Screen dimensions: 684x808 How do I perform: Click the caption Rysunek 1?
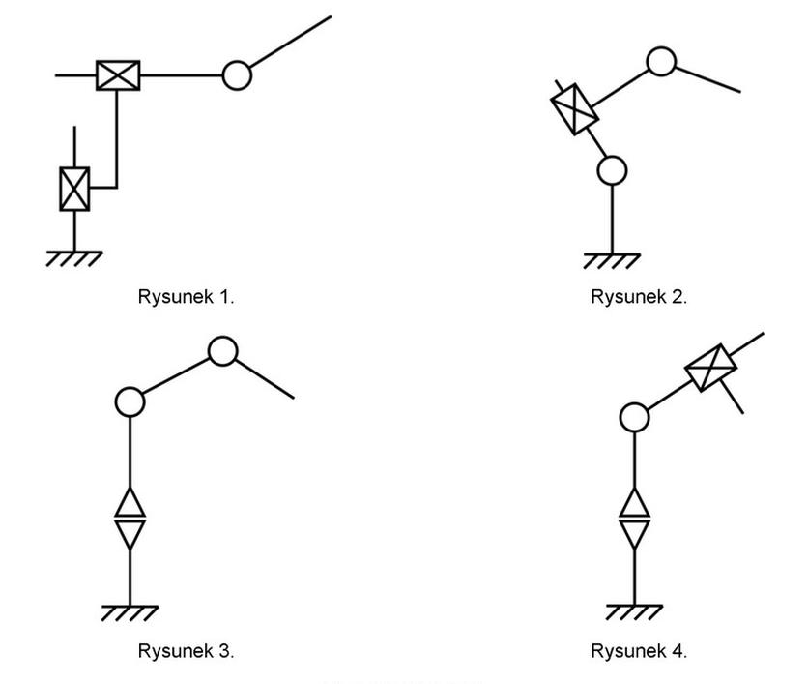point(187,297)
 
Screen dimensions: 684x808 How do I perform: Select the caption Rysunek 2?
point(639,297)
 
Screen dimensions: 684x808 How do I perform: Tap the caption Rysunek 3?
point(187,651)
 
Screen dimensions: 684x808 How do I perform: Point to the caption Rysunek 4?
point(639,651)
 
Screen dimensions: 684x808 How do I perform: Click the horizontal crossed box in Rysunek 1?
point(118,74)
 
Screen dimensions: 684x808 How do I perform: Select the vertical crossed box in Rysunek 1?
point(74,189)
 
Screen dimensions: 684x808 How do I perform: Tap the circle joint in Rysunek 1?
point(237,74)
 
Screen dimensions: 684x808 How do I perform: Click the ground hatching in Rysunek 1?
point(74,258)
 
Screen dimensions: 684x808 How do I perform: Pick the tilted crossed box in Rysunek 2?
point(574,108)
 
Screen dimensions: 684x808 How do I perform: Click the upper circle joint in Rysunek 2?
point(661,62)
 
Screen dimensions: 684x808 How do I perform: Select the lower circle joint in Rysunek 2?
point(612,171)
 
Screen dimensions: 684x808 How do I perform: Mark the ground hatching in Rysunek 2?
point(612,259)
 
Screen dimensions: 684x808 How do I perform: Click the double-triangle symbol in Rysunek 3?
point(130,520)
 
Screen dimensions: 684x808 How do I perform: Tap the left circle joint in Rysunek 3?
point(130,401)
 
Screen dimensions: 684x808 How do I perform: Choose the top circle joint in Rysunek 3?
point(223,351)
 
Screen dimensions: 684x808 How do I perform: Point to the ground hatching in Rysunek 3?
point(130,612)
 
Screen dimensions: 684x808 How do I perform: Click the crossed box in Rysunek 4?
point(711,368)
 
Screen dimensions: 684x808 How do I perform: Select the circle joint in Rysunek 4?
point(633,418)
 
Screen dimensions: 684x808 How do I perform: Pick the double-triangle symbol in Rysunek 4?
point(633,520)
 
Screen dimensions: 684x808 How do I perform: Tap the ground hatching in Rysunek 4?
point(634,612)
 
